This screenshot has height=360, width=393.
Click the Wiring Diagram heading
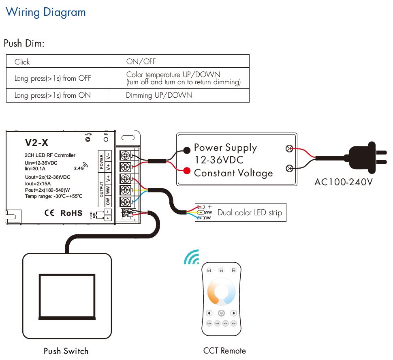46,12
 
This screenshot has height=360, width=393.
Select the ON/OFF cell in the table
141,62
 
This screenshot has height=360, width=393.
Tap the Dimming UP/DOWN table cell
159,95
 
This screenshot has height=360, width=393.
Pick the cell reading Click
22,62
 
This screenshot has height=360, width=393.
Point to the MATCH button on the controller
88,139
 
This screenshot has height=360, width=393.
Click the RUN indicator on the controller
106,139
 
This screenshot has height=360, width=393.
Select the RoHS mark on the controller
71,213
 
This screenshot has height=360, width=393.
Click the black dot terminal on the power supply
186,150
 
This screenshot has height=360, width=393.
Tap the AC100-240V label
343,182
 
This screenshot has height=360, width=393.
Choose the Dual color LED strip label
249,212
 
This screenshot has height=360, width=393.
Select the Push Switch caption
66,351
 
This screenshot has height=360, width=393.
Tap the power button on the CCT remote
221,313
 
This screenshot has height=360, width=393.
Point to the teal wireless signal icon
192,257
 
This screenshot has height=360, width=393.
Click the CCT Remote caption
224,351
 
